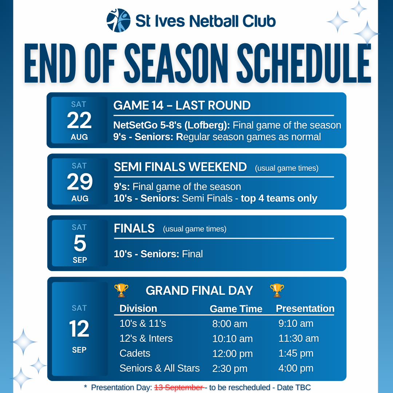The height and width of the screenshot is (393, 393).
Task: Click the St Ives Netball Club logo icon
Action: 118,20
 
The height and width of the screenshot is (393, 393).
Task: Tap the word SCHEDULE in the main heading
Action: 304,63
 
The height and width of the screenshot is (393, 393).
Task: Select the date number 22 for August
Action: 79,120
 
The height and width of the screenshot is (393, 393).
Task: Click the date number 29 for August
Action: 80,182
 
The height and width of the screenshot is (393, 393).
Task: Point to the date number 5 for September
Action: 80,243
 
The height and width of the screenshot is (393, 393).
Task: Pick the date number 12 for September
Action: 79,329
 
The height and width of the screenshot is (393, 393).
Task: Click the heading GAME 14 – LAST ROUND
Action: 182,105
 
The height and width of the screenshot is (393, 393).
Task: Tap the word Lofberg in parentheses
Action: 206,125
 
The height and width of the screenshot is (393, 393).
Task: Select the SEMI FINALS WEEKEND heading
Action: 180,167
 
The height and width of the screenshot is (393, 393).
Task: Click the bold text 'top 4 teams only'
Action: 279,198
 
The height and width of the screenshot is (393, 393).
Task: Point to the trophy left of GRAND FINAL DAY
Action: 121,290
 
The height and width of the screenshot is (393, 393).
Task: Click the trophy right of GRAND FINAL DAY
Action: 277,290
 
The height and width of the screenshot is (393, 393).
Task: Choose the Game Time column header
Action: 236,309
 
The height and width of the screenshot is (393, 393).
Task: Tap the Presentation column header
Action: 305,309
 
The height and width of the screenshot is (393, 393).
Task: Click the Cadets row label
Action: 135,353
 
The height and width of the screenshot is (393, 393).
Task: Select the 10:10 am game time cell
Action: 232,339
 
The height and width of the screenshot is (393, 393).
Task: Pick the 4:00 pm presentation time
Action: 296,368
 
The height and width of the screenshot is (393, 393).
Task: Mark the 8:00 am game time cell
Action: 230,324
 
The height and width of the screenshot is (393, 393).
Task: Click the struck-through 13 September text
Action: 179,388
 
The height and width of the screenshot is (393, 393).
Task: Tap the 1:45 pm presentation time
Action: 296,353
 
